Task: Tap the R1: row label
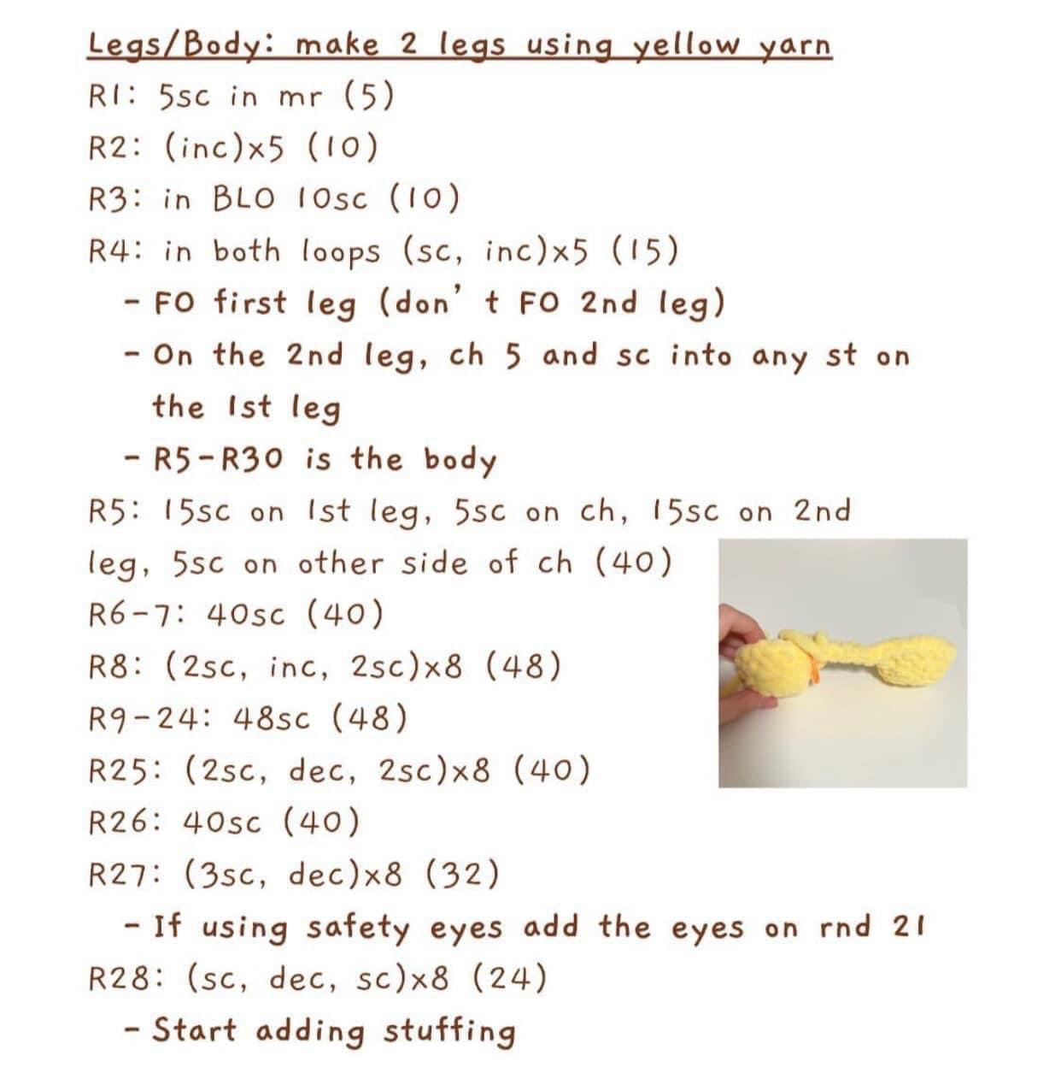(x=112, y=96)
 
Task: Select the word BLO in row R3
(x=244, y=198)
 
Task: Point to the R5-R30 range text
(x=219, y=459)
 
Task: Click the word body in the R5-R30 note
(x=460, y=461)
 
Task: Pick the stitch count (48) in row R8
(x=523, y=666)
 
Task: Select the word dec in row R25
(x=322, y=770)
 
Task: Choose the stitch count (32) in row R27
(x=462, y=874)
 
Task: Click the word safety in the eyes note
(x=358, y=928)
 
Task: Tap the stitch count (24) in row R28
(x=510, y=977)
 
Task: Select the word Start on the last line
(x=194, y=1030)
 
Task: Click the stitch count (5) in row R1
(x=369, y=96)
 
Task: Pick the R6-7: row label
(x=138, y=615)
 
